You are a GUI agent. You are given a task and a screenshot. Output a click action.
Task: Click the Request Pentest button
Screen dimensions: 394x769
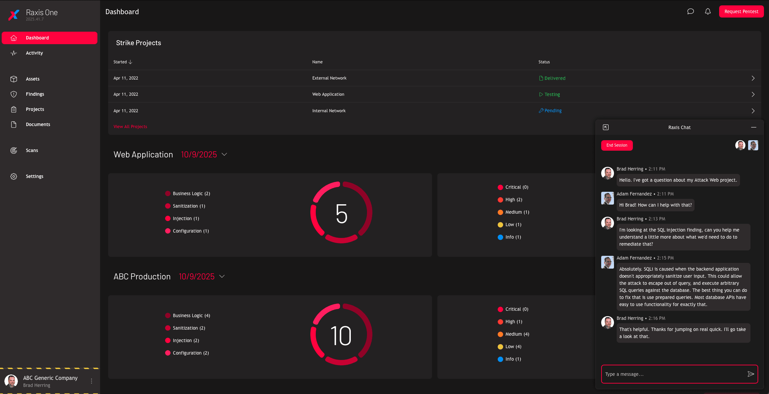pos(741,11)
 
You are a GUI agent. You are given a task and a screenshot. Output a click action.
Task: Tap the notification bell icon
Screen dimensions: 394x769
pos(708,11)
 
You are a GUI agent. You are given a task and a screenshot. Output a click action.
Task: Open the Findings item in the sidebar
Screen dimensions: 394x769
pos(35,94)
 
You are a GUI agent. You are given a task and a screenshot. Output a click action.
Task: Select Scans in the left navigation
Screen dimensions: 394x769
pos(32,150)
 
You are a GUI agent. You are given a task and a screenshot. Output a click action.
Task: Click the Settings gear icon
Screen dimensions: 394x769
pos(13,176)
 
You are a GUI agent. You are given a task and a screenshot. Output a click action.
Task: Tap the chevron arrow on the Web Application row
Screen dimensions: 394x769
pos(753,94)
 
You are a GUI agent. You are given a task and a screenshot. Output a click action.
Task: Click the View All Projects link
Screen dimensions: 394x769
pos(130,127)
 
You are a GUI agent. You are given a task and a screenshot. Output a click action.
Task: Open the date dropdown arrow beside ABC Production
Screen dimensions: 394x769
pos(222,276)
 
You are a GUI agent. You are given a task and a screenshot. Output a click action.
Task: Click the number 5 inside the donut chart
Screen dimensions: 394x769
pos(341,213)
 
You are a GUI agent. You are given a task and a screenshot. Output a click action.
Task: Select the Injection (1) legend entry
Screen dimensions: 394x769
pos(186,218)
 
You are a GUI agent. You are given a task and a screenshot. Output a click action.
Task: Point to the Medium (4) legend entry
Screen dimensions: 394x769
pos(517,334)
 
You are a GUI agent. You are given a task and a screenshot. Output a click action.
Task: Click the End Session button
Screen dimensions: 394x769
pos(617,145)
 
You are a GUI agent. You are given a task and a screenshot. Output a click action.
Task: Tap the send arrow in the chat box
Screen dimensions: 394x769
pos(751,374)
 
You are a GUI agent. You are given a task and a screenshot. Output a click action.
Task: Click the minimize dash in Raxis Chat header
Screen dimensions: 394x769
pos(753,127)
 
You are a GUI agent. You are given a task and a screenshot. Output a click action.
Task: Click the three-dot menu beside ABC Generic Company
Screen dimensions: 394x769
pos(91,381)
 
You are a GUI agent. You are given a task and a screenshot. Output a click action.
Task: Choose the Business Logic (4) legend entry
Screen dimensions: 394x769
pos(191,315)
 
